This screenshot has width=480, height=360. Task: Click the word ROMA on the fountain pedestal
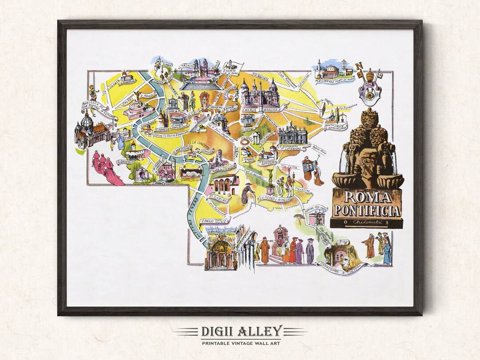click(367, 197)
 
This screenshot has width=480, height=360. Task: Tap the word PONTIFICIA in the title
click(367, 210)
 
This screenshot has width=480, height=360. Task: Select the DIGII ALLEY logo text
click(240, 331)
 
